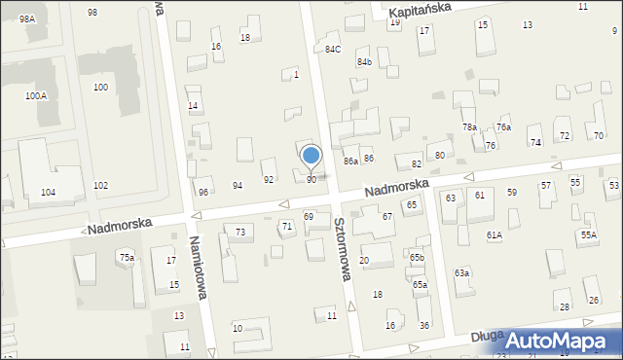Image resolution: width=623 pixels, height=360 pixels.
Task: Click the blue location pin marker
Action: coord(311,157)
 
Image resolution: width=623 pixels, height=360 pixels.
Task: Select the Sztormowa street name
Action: coord(343,249)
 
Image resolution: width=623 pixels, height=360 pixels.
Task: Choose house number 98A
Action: coord(26,18)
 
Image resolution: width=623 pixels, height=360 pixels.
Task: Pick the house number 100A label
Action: coord(36,96)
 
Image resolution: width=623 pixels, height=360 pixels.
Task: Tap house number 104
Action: coord(47,193)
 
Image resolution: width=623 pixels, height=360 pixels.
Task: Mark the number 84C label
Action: coord(334,49)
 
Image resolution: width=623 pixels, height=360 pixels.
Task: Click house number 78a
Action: coord(469,127)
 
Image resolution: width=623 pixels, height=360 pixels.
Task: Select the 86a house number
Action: coord(350,161)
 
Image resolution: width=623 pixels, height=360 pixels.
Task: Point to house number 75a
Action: coord(127,257)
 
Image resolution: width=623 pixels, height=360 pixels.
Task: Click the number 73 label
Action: coord(239,232)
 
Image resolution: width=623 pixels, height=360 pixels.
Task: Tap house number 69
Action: coord(309,216)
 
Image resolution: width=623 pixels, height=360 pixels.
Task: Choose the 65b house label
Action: coord(417,257)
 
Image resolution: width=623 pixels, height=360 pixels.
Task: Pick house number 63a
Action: coord(461,273)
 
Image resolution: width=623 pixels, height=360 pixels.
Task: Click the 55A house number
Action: coord(588,234)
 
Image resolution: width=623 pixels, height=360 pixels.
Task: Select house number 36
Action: coord(423,325)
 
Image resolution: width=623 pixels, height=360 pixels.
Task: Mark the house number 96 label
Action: coord(203,192)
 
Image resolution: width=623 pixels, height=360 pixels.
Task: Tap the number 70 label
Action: coord(598,135)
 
